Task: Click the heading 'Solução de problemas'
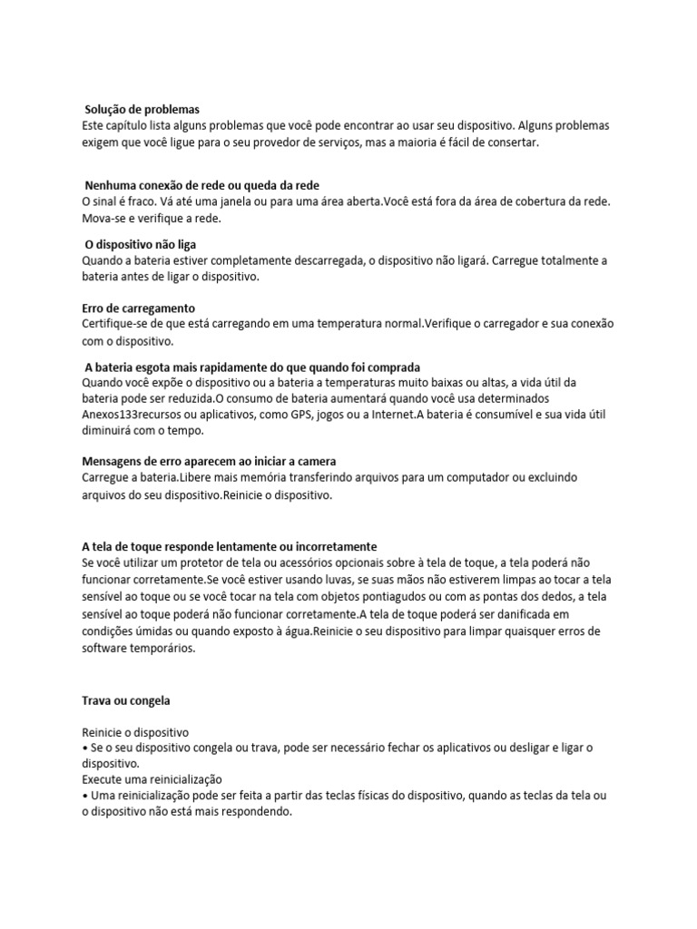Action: [x=142, y=110]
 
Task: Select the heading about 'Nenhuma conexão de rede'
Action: [x=201, y=186]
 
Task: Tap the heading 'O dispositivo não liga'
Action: [x=140, y=245]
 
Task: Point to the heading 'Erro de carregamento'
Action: [x=138, y=308]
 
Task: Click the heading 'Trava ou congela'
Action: [x=125, y=701]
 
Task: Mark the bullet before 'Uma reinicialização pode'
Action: [x=84, y=796]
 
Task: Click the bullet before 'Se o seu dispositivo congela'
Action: [x=84, y=747]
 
